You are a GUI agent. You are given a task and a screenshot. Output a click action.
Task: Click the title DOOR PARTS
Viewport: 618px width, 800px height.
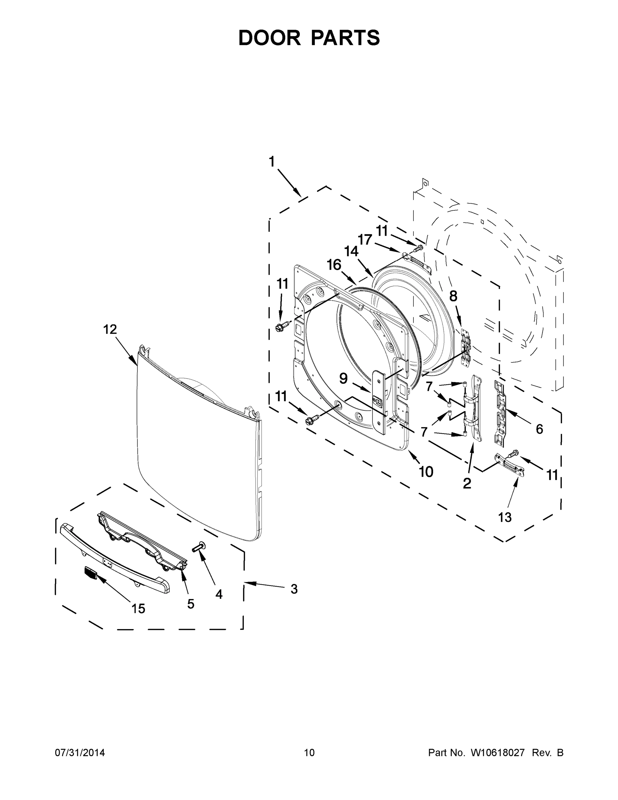coord(309,38)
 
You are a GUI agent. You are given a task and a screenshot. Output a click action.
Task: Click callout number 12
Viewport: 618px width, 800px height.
coord(110,329)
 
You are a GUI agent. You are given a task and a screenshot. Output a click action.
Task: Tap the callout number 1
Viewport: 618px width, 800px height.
coord(272,162)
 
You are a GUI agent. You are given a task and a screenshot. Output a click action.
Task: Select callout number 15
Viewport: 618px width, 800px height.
coord(138,608)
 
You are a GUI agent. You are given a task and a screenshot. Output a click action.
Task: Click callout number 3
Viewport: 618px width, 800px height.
coord(294,589)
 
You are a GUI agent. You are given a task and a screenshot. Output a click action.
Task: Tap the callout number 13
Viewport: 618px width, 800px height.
coord(504,517)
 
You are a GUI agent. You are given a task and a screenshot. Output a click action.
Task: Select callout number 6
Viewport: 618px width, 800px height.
coord(539,429)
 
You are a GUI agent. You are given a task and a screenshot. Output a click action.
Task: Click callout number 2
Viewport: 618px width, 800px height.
coord(467,484)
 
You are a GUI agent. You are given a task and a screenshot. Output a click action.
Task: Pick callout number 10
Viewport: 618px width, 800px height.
coord(426,472)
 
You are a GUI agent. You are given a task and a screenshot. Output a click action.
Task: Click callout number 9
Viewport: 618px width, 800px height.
coord(343,378)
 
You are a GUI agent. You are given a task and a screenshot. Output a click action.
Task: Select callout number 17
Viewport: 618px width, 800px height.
coord(365,240)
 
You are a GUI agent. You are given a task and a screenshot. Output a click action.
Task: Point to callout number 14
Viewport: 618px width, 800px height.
coord(351,252)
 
